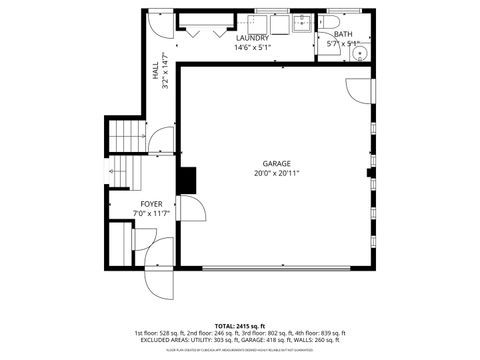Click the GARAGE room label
click(x=277, y=163)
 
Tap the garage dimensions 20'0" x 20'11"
click(x=277, y=173)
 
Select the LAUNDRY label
click(x=252, y=37)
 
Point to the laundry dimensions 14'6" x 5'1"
click(x=252, y=47)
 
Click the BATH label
click(x=342, y=33)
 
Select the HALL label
click(x=156, y=72)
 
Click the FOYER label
click(x=151, y=203)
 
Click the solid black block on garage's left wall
click(x=186, y=179)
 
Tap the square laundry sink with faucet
click(x=301, y=22)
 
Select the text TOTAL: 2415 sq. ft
click(x=240, y=326)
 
